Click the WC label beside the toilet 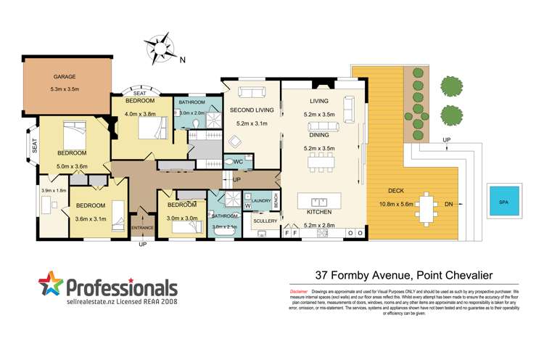coord(238,162)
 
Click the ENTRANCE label coord(141,229)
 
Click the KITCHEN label coord(318,212)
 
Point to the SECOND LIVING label coord(251,110)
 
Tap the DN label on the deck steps coord(449,204)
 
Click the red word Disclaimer coord(288,290)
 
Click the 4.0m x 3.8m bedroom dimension coord(141,113)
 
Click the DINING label coord(319,136)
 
